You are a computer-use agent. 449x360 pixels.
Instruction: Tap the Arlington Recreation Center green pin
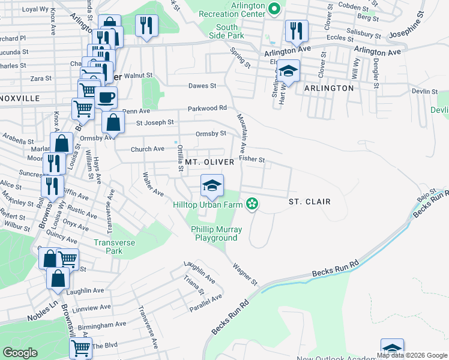274,8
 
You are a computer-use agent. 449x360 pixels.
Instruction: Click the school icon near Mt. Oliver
212,185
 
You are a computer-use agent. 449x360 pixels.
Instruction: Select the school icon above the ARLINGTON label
288,71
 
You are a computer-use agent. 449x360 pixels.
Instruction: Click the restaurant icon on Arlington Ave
297,31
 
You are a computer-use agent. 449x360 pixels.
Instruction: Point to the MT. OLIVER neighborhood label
209,163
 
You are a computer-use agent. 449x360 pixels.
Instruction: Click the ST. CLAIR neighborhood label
309,202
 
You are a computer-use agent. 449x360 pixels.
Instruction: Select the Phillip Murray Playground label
216,233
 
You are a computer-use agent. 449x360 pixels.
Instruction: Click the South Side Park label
227,31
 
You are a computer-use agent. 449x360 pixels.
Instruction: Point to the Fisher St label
252,159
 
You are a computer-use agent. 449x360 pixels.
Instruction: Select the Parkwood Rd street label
206,108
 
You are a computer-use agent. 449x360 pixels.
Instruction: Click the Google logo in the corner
20,352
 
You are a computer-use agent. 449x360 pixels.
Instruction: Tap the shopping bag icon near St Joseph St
112,122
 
